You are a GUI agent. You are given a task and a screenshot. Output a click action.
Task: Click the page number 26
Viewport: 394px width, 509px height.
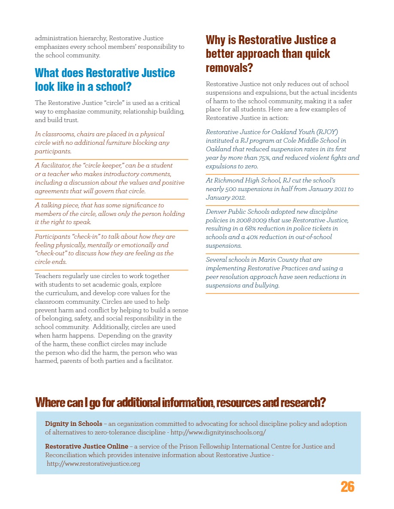[348, 487]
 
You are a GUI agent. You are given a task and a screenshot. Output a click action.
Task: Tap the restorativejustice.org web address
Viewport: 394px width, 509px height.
[94, 464]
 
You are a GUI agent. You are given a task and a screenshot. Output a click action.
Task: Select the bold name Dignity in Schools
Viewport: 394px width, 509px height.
[73, 424]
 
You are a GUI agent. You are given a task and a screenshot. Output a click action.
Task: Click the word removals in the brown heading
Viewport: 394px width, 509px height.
[227, 68]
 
